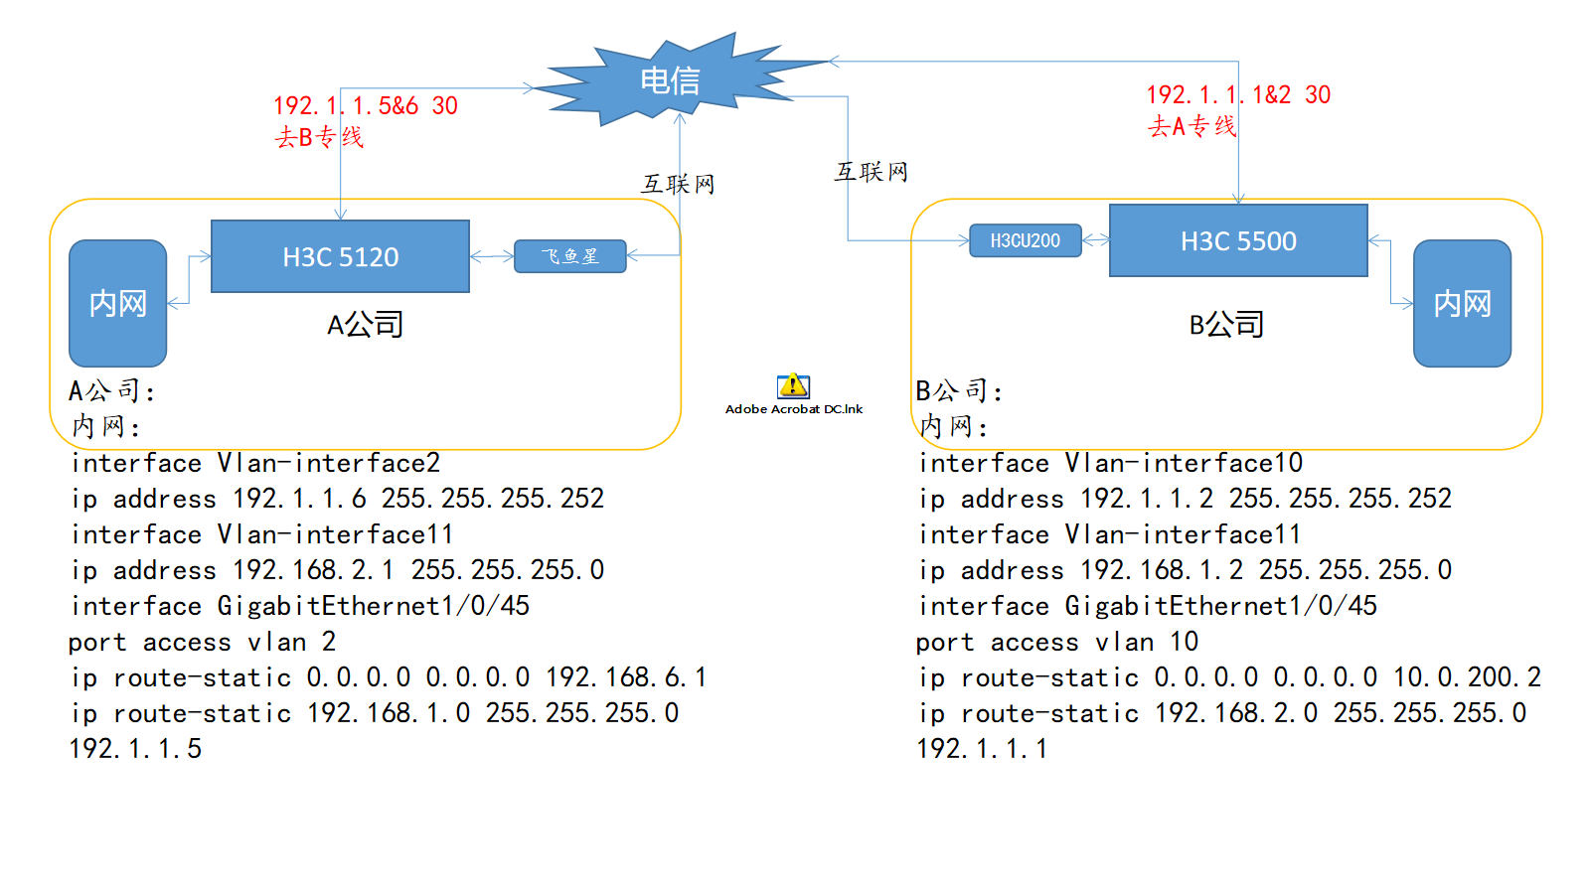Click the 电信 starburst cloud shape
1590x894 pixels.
(x=669, y=80)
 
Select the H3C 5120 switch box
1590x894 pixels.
(x=340, y=256)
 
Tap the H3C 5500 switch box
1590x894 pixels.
(x=1238, y=240)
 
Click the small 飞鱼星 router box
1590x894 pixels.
(x=569, y=256)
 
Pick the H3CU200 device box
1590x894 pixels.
(x=1025, y=240)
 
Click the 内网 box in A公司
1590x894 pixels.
(x=117, y=303)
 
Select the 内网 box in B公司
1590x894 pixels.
(x=1462, y=303)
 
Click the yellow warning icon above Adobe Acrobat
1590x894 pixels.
(x=793, y=385)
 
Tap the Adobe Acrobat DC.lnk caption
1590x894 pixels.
(x=793, y=409)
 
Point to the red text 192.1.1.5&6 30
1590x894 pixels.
(x=365, y=105)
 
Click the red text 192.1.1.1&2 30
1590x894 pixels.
(x=1238, y=94)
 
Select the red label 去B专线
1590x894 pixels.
(x=319, y=137)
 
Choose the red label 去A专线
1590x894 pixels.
(x=1192, y=126)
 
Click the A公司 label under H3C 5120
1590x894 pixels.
(x=365, y=324)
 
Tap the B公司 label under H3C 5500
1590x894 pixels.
(x=1226, y=324)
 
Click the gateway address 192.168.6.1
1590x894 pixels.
(x=626, y=677)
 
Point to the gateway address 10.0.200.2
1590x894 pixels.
(x=1467, y=677)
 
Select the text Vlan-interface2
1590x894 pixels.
(x=328, y=463)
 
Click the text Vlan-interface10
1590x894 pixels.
(x=1184, y=463)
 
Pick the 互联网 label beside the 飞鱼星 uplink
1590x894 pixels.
(x=678, y=184)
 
